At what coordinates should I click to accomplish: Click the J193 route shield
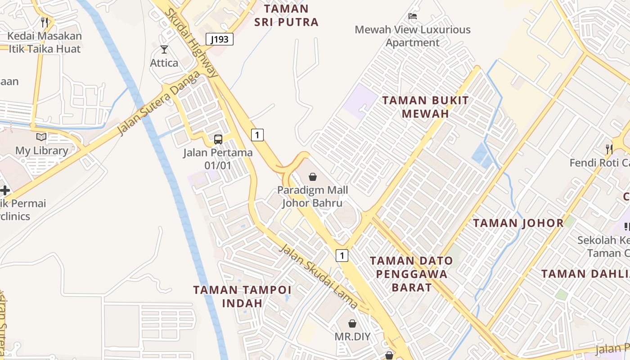(x=220, y=39)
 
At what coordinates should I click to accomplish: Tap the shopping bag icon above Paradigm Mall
(x=313, y=177)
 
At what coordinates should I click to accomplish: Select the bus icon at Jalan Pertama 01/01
(x=218, y=139)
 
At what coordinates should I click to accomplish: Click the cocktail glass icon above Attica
(x=164, y=49)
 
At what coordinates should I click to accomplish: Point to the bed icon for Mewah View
(x=413, y=16)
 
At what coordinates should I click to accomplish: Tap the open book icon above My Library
(x=41, y=137)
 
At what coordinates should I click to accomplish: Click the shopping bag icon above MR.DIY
(x=352, y=324)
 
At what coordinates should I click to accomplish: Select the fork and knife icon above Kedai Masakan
(x=44, y=22)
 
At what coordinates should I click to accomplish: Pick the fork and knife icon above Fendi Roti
(x=609, y=149)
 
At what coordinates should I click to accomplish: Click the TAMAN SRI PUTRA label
(x=287, y=15)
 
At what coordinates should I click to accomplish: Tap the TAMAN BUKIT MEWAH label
(x=425, y=107)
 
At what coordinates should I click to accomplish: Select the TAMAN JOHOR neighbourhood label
(x=518, y=223)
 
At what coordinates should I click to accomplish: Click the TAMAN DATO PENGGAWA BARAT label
(x=411, y=274)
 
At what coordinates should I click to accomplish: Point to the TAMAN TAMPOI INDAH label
(x=242, y=296)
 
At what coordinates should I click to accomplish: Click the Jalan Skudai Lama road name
(x=319, y=276)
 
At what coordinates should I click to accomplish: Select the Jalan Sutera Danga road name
(x=158, y=103)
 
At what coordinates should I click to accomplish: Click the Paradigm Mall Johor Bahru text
(x=312, y=196)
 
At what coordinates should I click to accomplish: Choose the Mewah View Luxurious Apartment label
(x=413, y=36)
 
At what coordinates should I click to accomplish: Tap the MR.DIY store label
(x=352, y=337)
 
